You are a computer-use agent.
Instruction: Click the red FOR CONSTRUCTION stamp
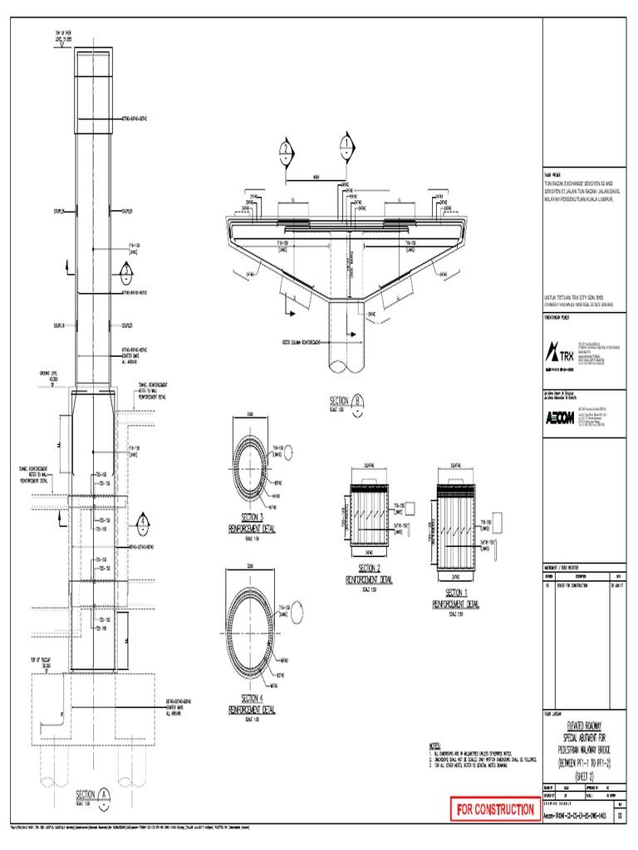[493, 808]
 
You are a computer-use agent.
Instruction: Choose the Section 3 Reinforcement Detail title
[252, 522]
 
